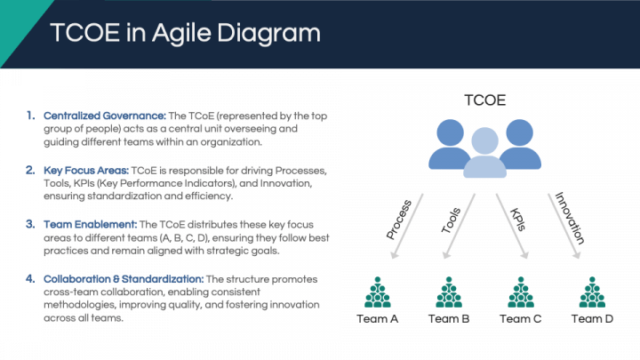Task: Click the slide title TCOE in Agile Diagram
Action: (185, 33)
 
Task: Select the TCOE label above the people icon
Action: (485, 100)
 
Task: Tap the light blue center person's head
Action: (485, 140)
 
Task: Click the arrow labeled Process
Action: (407, 226)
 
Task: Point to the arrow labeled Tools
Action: (460, 226)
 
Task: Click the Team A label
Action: (377, 319)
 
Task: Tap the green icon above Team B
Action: (449, 292)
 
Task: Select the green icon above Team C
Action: (521, 292)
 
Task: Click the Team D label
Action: (592, 319)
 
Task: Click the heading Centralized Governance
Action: (105, 116)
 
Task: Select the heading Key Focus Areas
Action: (86, 170)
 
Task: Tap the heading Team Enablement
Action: (90, 225)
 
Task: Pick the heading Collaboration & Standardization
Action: (124, 279)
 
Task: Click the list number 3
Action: (30, 224)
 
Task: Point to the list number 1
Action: (31, 116)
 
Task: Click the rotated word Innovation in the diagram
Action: (570, 218)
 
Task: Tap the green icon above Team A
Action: (378, 292)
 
